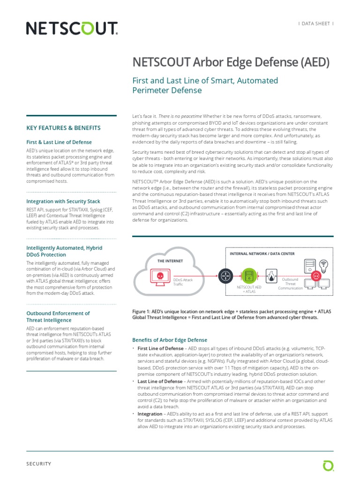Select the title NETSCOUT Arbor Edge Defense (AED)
point(232,62)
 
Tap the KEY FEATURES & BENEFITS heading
point(63,128)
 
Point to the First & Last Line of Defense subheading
point(59,142)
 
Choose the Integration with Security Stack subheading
point(63,201)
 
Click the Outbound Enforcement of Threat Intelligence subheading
point(58,316)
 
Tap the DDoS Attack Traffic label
point(183,282)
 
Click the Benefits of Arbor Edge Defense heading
point(170,340)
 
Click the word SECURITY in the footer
point(38,464)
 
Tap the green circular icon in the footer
point(328,465)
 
